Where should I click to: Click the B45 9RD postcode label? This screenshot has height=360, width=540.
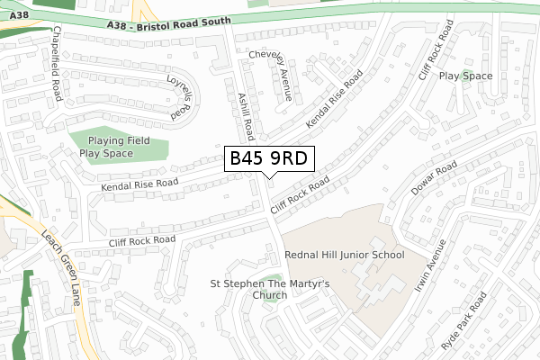[269, 158]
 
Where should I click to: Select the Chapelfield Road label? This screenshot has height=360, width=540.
[58, 60]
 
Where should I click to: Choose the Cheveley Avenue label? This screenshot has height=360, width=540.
[270, 75]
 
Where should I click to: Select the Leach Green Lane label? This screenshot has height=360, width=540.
[61, 266]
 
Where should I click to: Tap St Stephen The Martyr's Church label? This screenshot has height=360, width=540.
[257, 288]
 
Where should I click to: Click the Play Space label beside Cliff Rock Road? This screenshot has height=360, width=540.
[465, 76]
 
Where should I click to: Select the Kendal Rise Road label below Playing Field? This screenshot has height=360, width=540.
[139, 183]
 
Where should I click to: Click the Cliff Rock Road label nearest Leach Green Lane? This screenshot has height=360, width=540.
[141, 240]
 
